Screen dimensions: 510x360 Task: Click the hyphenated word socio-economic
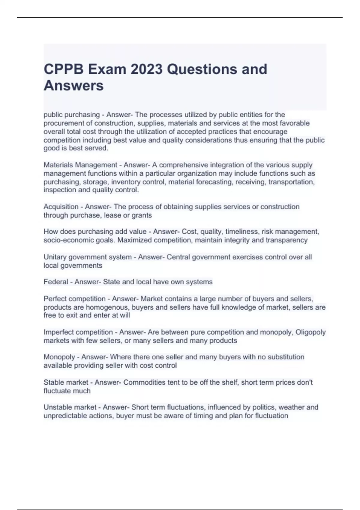69,240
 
